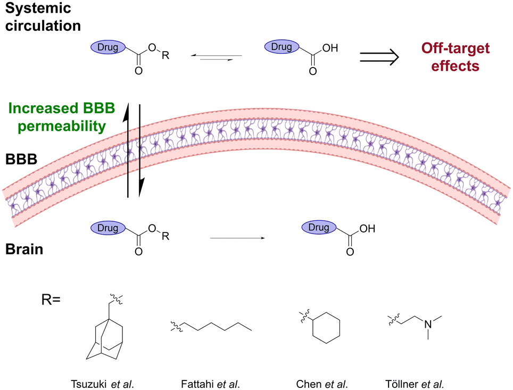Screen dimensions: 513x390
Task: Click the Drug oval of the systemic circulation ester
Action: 108,47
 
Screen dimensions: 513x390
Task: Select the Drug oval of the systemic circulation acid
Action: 282,46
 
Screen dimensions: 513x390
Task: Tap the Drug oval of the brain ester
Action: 108,228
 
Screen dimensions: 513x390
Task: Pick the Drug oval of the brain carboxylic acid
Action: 319,227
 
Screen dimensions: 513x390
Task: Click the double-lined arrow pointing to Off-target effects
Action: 379,57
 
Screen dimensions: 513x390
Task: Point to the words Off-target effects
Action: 456,57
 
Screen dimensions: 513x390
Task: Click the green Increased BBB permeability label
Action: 62,117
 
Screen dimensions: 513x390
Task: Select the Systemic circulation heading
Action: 43,16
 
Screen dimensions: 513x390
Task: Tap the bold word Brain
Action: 24,249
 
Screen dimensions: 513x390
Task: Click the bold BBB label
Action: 21,159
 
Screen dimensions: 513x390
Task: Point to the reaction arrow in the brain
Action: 237,238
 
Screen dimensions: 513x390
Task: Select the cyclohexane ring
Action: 326,328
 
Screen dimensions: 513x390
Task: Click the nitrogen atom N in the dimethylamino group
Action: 428,324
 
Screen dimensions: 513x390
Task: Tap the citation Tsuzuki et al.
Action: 102,384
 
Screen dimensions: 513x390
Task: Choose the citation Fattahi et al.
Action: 210,384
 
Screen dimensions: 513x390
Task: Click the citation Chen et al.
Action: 322,384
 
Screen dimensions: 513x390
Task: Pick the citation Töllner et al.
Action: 415,384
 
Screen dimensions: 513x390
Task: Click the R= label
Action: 51,300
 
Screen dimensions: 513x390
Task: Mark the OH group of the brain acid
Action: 367,229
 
